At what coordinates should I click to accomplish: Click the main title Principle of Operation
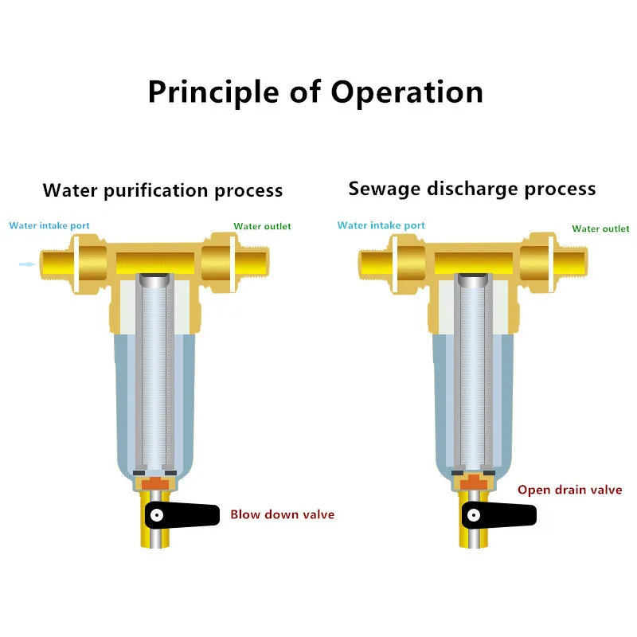[315, 92]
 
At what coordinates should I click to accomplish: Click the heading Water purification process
[162, 191]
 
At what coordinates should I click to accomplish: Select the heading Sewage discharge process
[472, 189]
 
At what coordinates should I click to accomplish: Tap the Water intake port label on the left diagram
[49, 225]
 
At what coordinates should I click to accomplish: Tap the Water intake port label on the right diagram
[381, 225]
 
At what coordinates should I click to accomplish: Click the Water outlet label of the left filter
[262, 226]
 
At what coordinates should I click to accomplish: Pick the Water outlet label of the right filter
[600, 229]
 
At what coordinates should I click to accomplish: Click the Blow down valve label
[282, 514]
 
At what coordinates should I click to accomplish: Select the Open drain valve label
[569, 490]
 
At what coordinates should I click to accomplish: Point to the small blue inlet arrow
[26, 264]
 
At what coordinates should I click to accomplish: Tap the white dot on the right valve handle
[474, 514]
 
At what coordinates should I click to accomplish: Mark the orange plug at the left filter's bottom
[156, 483]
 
